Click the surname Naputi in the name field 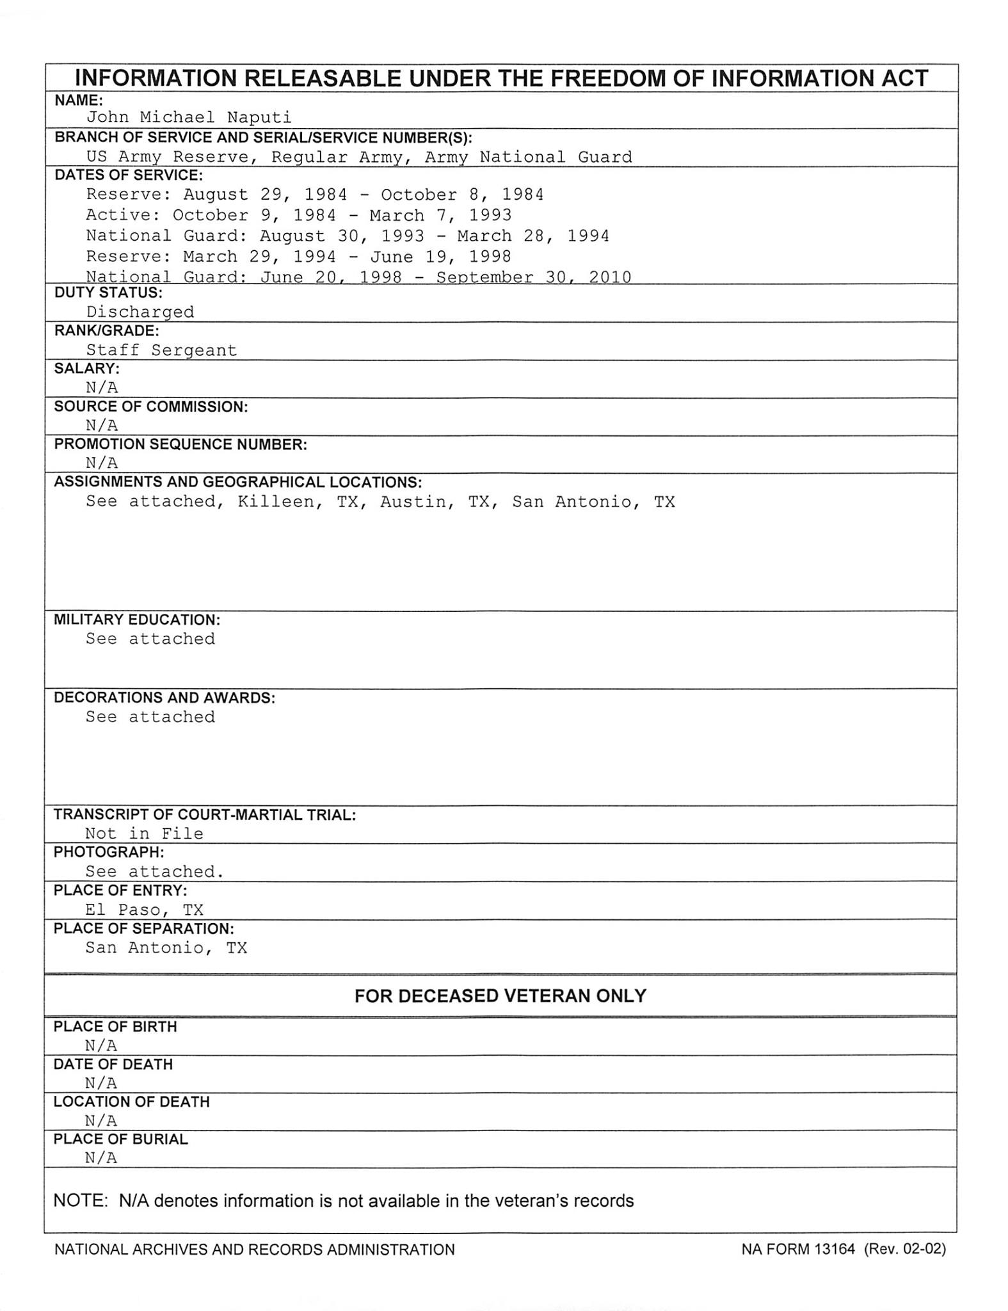click(x=259, y=117)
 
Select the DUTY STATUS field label click(x=108, y=293)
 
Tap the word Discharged click(x=140, y=312)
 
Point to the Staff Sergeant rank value click(x=161, y=350)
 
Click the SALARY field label click(x=86, y=368)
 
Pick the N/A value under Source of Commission click(x=102, y=425)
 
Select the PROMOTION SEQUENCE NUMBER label click(x=180, y=444)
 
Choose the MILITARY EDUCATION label click(x=137, y=620)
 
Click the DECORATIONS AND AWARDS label click(x=164, y=697)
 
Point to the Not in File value click(x=144, y=833)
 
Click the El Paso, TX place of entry click(x=144, y=910)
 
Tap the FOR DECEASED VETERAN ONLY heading click(x=500, y=995)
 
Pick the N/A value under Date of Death click(x=101, y=1083)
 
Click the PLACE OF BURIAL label click(x=120, y=1139)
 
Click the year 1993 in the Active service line click(x=490, y=215)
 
